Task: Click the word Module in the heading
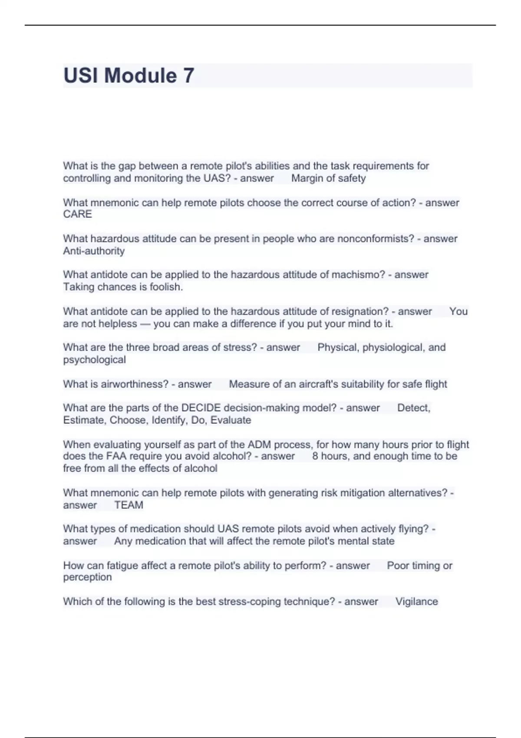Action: click(x=141, y=76)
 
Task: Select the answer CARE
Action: click(x=77, y=214)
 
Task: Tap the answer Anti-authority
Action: click(x=94, y=251)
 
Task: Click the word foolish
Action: click(x=166, y=287)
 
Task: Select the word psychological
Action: click(x=94, y=360)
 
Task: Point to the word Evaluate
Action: click(x=231, y=420)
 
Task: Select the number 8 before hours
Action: click(x=315, y=456)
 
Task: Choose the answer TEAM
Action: click(x=129, y=505)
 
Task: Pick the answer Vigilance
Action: click(x=416, y=602)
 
